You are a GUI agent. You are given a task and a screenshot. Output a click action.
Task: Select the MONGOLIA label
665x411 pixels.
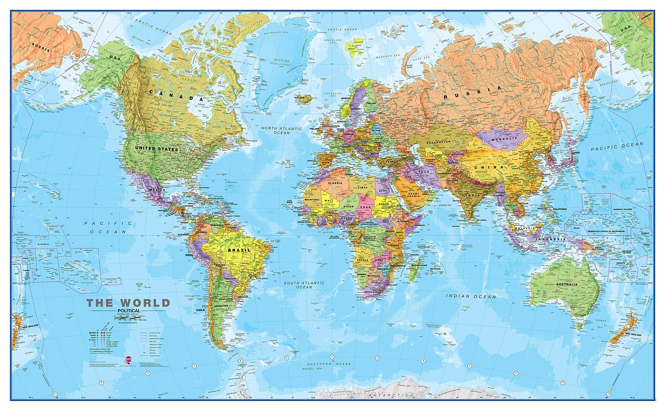click(x=504, y=138)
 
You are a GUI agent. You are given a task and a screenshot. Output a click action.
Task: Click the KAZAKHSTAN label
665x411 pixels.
click(x=438, y=142)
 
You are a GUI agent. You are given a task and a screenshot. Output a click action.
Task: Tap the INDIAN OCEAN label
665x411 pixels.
click(x=471, y=296)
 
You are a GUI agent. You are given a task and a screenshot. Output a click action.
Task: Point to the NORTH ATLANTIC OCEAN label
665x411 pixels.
click(x=281, y=131)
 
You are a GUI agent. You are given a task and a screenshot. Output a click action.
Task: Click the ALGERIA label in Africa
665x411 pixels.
click(x=335, y=183)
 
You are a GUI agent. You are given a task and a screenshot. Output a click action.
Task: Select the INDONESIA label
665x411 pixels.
click(x=555, y=240)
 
